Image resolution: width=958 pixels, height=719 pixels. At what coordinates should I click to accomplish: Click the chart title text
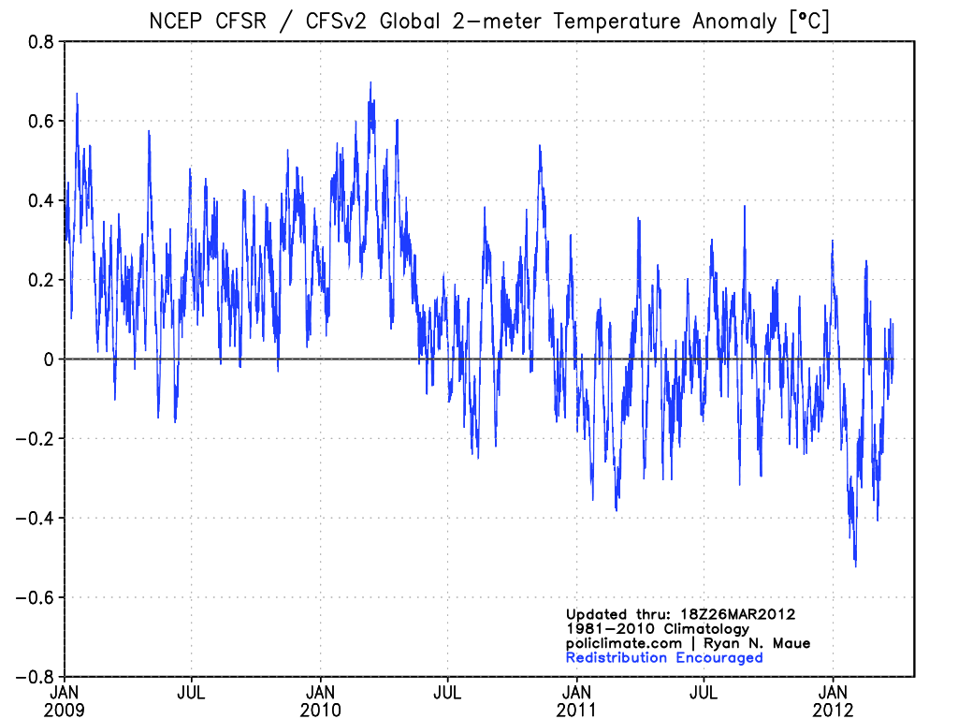pos(489,21)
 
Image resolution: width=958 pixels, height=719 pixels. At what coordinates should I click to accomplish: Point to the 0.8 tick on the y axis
pos(40,41)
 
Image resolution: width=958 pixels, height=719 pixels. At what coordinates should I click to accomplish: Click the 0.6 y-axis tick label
pos(40,121)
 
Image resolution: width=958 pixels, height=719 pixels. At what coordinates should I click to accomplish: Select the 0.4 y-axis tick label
pos(40,200)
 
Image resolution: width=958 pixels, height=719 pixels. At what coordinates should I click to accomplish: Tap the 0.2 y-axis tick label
pos(40,280)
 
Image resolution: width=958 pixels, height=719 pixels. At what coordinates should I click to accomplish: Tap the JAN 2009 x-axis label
pos(65,701)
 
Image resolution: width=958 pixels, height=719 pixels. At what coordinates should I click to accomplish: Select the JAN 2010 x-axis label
pos(321,701)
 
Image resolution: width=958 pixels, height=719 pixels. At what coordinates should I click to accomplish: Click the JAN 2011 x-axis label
pos(577,701)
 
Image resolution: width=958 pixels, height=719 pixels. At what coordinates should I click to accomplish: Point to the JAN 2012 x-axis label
pos(834,701)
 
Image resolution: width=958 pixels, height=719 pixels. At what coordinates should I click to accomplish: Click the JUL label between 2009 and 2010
pos(192,694)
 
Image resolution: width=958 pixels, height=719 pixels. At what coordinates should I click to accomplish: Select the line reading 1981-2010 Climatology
pos(658,629)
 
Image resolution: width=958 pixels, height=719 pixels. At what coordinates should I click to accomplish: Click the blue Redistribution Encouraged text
pos(664,657)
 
